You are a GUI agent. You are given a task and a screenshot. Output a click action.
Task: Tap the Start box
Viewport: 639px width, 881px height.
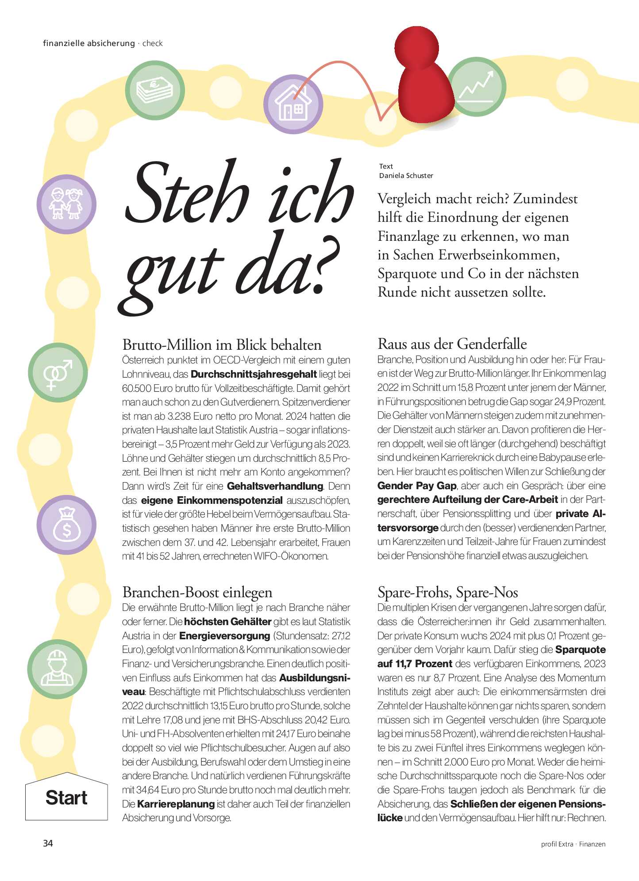(66, 798)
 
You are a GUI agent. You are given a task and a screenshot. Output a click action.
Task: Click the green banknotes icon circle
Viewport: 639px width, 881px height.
(154, 89)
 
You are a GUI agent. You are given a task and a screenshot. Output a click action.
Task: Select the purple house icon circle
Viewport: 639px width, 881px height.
(293, 104)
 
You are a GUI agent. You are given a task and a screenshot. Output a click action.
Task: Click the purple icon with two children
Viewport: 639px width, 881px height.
(66, 205)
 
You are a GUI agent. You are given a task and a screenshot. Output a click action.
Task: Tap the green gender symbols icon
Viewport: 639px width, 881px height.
(58, 373)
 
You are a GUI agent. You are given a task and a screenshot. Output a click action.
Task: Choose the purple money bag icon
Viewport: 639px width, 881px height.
(66, 525)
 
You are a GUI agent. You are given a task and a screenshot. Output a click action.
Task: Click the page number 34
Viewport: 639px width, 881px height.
(48, 843)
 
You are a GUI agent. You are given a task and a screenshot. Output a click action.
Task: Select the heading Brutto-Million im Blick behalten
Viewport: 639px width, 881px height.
(222, 344)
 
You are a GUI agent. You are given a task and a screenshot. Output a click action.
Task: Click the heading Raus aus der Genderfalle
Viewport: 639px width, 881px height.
(452, 344)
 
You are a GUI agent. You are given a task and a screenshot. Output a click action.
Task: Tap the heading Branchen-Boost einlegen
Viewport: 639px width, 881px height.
(197, 592)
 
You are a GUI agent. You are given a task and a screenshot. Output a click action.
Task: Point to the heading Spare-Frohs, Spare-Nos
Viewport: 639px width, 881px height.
(448, 592)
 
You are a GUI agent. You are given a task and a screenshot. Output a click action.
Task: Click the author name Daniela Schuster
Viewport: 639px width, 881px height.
(406, 176)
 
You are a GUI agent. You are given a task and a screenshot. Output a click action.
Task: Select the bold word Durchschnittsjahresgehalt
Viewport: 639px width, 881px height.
(254, 374)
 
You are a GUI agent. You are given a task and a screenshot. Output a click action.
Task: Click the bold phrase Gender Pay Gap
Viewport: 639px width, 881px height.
(416, 486)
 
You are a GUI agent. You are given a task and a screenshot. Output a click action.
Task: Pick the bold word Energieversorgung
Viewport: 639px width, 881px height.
(224, 636)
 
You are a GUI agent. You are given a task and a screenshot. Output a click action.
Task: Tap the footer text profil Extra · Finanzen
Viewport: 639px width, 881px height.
(573, 844)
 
